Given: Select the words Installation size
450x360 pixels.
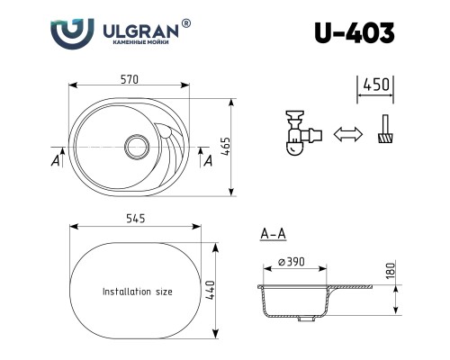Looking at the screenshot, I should pyautogui.click(x=138, y=292).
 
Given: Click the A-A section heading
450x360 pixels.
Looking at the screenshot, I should pyautogui.click(x=273, y=235).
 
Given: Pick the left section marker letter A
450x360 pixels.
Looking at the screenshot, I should pyautogui.click(x=56, y=161).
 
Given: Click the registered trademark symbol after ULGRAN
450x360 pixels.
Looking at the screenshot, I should pyautogui.click(x=186, y=23).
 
